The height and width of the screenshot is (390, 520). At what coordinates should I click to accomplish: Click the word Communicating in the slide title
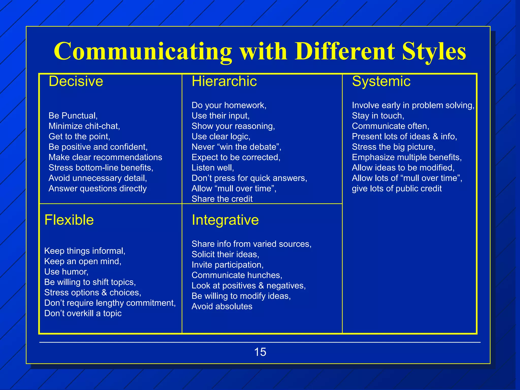[x=143, y=51]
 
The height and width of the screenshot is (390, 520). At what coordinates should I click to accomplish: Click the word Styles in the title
[x=434, y=51]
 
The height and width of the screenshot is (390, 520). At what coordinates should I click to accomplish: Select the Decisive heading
[x=76, y=81]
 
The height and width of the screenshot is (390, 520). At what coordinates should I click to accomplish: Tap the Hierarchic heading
[x=224, y=81]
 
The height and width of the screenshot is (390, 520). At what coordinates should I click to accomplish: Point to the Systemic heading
[x=381, y=81]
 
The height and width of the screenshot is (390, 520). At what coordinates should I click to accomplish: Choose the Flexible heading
[x=69, y=220]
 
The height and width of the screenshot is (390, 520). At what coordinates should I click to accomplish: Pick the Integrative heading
[x=225, y=220]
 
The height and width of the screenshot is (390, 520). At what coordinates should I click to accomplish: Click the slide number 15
[x=260, y=352]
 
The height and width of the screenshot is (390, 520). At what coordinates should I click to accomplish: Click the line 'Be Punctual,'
[x=73, y=116]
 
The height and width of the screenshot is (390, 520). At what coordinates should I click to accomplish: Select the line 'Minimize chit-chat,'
[x=84, y=126]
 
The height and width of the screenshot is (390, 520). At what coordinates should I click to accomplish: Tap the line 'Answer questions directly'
[x=98, y=189]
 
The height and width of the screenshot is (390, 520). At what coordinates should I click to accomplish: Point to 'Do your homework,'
[x=229, y=105]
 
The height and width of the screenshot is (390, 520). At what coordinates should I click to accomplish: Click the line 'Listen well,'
[x=213, y=168]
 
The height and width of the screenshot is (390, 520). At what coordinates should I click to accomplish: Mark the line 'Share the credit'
[x=222, y=199]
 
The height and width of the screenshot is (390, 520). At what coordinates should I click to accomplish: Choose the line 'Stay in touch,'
[x=378, y=116]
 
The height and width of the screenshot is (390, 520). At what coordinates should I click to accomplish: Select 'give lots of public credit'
[x=397, y=189]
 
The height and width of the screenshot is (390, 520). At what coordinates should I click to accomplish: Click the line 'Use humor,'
[x=66, y=272]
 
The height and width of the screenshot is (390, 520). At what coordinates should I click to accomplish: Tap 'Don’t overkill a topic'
[x=83, y=314]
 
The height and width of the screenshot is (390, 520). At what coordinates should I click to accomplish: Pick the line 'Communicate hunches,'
[x=237, y=275]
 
